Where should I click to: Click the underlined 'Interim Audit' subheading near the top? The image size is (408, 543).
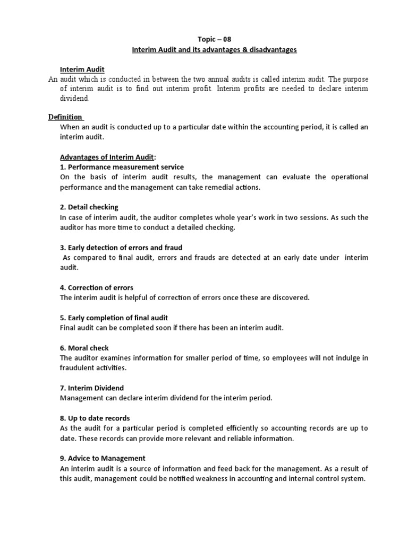tap(82, 69)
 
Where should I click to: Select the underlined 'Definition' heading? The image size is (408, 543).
tap(65, 117)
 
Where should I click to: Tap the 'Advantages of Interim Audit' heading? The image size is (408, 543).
tap(106, 157)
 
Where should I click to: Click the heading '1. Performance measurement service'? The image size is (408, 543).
tap(122, 167)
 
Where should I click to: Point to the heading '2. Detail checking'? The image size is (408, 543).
tap(89, 207)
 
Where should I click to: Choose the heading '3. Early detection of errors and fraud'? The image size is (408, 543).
tap(121, 247)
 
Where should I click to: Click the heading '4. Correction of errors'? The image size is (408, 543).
tap(96, 287)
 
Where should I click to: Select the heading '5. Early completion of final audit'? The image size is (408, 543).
tap(114, 318)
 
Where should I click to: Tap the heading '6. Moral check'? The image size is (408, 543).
tap(84, 348)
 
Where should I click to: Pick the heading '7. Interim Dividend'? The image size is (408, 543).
tap(91, 388)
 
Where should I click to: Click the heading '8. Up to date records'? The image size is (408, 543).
tap(95, 418)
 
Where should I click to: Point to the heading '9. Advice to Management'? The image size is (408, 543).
tap(103, 458)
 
